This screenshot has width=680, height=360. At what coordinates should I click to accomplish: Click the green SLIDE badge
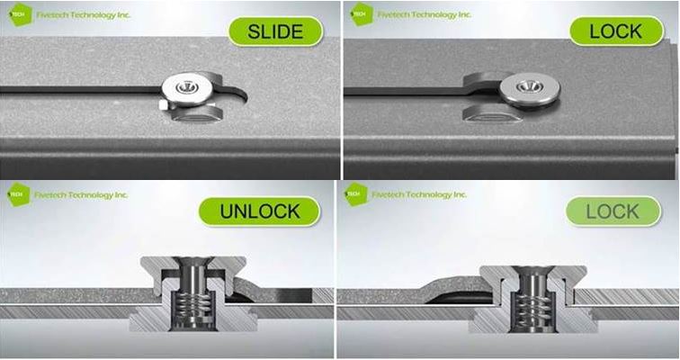click(275, 31)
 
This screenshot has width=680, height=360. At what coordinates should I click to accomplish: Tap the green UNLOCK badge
click(259, 211)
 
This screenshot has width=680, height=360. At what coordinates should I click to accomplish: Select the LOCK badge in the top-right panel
click(616, 31)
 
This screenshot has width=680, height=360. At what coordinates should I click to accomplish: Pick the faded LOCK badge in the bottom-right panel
click(613, 211)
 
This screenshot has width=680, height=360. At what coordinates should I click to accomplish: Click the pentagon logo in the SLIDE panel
click(21, 14)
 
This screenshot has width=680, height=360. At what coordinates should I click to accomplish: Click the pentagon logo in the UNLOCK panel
click(19, 194)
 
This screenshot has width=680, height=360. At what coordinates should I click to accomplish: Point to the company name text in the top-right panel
click(425, 14)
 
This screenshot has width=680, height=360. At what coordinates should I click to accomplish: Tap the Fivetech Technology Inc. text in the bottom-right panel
click(419, 194)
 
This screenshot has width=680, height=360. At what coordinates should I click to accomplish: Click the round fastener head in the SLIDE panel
click(187, 89)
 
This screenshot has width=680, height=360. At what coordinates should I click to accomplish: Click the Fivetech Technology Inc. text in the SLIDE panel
click(84, 14)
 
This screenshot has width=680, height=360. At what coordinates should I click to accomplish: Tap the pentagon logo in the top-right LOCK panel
click(362, 14)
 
